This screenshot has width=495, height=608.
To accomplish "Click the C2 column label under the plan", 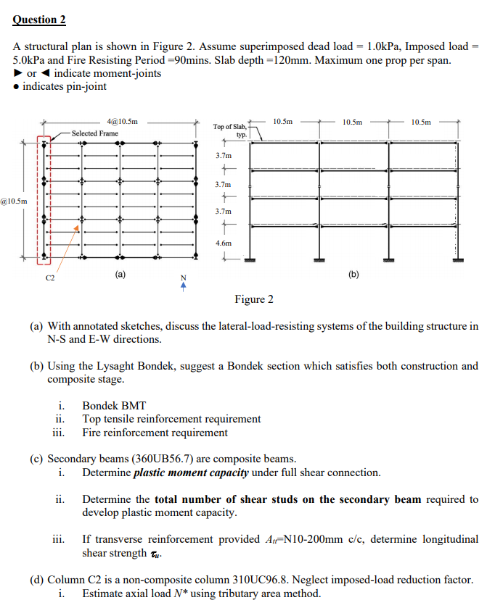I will coord(50,278).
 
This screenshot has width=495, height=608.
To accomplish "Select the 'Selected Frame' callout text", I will coord(94,133).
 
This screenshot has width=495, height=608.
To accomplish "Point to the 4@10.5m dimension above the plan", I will coord(122,122).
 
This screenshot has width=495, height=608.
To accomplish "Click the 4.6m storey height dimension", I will coord(224,243).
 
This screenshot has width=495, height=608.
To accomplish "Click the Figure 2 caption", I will coord(254,299).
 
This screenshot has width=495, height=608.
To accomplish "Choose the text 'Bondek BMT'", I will coord(114,406).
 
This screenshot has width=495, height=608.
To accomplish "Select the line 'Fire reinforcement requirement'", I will coord(155,433).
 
